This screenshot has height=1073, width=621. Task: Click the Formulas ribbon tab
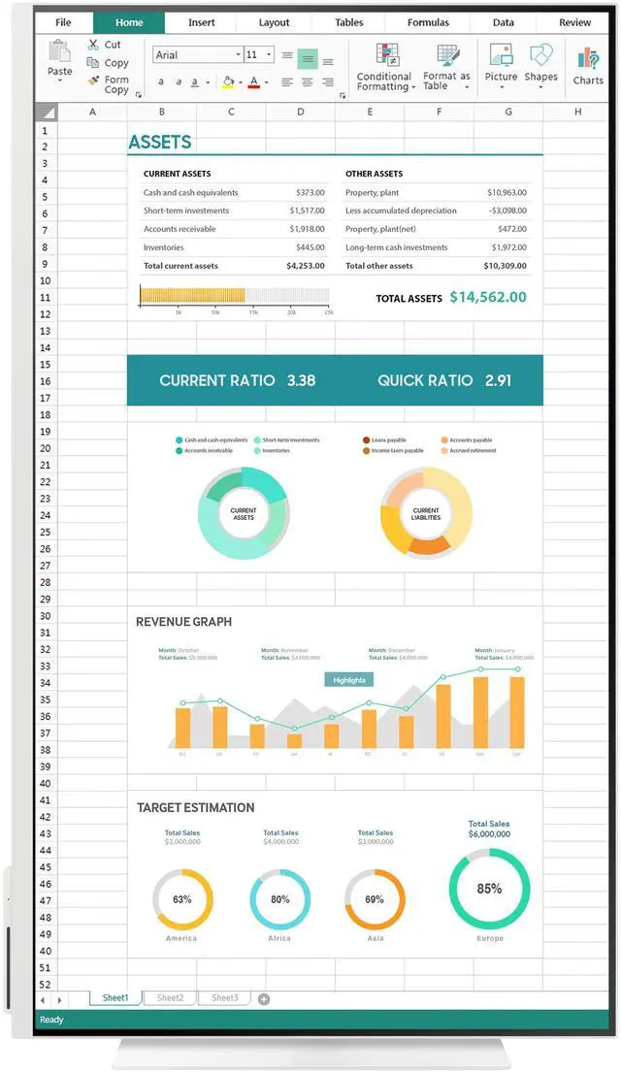(428, 22)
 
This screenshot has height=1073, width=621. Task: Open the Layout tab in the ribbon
(275, 22)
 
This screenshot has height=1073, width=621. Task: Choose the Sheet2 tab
(170, 997)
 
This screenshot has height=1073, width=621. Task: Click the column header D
(300, 112)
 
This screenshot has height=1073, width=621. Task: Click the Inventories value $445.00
(310, 247)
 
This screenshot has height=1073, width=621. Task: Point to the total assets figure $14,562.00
(488, 298)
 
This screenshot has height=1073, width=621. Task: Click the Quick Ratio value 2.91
(498, 380)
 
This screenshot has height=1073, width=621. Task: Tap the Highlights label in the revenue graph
(349, 680)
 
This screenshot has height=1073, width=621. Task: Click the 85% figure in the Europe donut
(489, 888)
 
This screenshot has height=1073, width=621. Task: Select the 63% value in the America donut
(182, 899)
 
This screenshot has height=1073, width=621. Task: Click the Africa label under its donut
(279, 938)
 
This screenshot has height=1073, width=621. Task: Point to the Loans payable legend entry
(388, 440)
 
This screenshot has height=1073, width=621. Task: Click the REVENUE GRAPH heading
(183, 622)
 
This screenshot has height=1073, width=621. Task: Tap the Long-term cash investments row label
(396, 247)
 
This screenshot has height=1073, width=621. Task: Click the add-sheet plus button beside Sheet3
(264, 999)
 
